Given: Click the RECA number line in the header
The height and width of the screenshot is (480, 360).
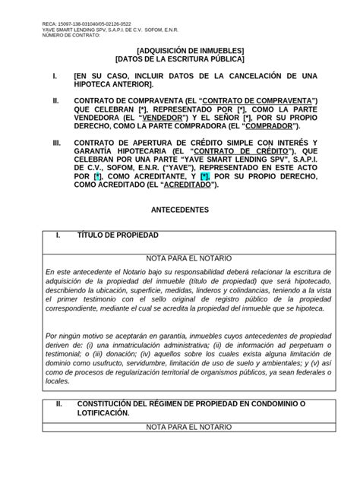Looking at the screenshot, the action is pyautogui.click(x=87, y=24).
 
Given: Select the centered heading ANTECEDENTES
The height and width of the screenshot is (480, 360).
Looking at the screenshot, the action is pyautogui.click(x=179, y=209).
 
